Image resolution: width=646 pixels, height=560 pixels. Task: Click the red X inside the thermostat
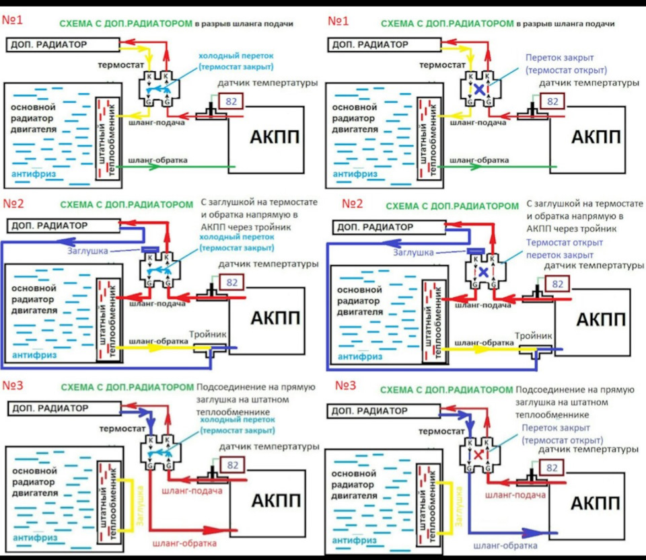(x=478, y=455)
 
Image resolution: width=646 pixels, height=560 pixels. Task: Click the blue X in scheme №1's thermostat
(x=478, y=89)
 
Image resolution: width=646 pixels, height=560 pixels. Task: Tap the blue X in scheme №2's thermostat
(x=483, y=272)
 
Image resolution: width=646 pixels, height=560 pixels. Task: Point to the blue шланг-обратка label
(x=505, y=546)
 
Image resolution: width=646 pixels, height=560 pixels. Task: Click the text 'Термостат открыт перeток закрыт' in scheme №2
(x=560, y=249)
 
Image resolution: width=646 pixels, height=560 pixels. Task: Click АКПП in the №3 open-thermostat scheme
(x=594, y=503)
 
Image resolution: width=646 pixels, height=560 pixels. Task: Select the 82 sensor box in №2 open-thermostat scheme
(x=557, y=284)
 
